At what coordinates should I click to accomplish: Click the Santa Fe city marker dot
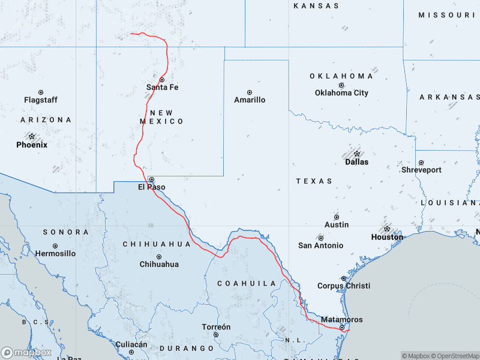pos(162,79)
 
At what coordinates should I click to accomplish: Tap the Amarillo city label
pos(250,100)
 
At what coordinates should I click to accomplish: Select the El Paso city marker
pos(152,179)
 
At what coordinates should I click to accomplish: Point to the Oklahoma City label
pos(341,93)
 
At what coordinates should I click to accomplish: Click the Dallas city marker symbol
pos(357,154)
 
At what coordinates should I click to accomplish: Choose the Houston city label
pos(387,237)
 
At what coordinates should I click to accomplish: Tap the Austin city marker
pos(337,217)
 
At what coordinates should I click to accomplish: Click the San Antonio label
pos(321,245)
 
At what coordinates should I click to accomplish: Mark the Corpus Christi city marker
pos(344,278)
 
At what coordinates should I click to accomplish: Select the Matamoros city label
pos(341,320)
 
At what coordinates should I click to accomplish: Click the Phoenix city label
pos(32,145)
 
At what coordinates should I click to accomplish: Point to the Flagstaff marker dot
pos(41,92)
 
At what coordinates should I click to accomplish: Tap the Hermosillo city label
pos(55,254)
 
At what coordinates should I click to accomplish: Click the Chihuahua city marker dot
pos(159,256)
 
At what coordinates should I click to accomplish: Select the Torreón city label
pos(216,327)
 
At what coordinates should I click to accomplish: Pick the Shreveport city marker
pos(421,163)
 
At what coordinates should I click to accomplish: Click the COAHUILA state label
pos(247,283)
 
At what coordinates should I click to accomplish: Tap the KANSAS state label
pos(316,6)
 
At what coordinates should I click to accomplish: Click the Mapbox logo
pos(26,353)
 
